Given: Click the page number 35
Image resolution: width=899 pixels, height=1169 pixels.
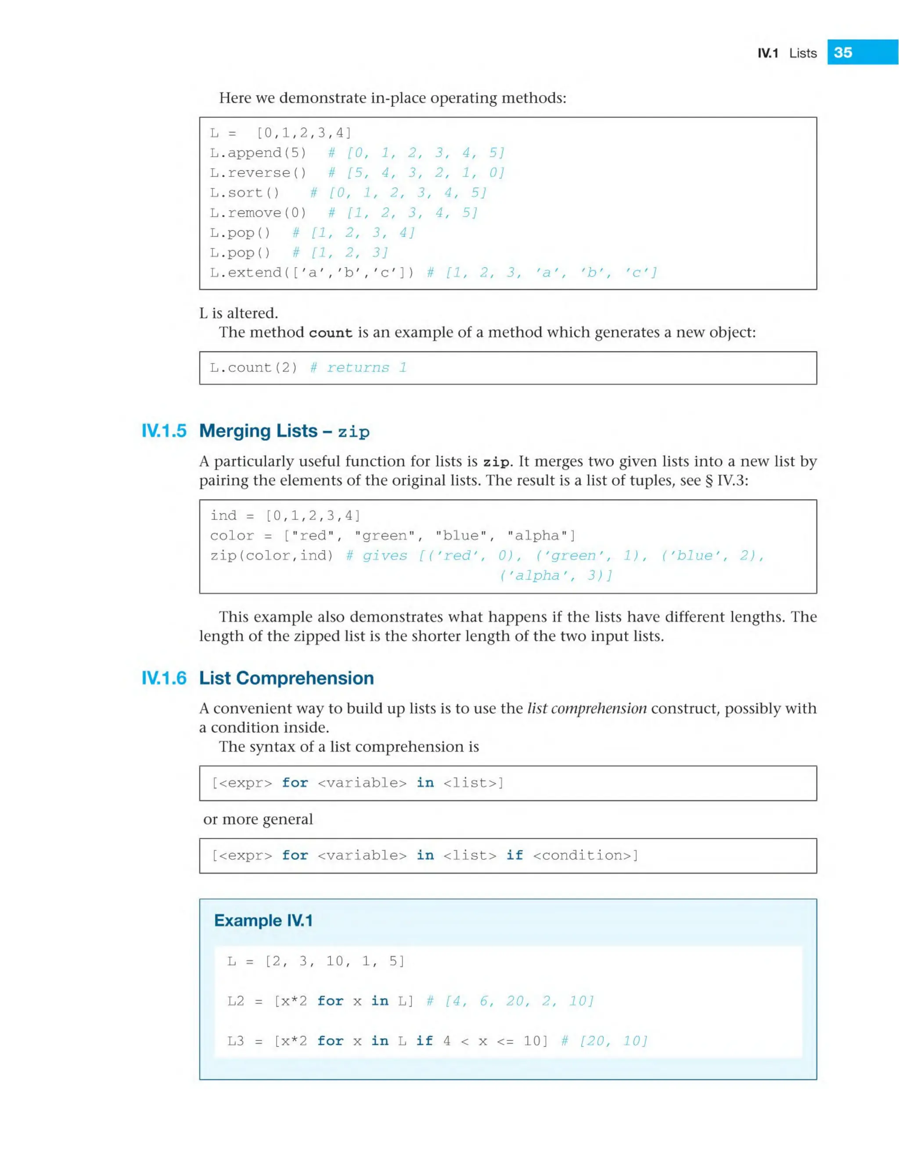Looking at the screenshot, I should click(x=843, y=52).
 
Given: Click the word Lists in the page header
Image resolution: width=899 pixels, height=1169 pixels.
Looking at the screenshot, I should click(x=803, y=53).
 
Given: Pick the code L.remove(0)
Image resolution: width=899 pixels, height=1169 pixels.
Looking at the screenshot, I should click(x=258, y=213).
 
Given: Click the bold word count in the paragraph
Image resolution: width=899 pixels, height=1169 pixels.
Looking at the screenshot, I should click(x=331, y=333).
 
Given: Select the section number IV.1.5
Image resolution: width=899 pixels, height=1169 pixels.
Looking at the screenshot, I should click(x=164, y=430).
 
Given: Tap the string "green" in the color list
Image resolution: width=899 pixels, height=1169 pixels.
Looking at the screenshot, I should click(x=384, y=535).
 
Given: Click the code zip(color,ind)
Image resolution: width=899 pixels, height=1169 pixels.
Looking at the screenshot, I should click(x=271, y=555).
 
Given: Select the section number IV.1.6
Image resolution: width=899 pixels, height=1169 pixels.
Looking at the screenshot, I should click(x=164, y=678).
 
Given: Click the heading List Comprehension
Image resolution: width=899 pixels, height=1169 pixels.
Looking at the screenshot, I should click(x=286, y=678).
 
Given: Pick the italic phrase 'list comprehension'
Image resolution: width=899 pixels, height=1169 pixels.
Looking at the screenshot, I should click(x=586, y=708).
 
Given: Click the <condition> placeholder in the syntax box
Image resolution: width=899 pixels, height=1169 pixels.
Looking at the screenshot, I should click(x=586, y=855).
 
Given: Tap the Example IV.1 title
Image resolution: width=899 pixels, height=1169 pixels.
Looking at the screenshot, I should click(x=263, y=920).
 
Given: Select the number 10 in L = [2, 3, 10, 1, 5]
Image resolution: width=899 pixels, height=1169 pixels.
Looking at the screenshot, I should click(x=335, y=961).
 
